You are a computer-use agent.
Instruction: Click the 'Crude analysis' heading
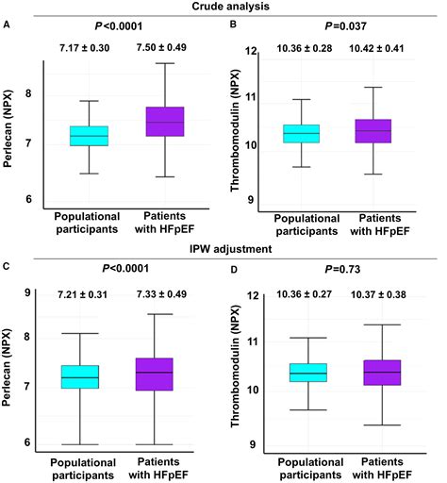(x=223, y=8)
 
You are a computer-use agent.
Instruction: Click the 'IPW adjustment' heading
(x=223, y=249)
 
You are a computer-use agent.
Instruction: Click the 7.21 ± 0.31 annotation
(x=85, y=296)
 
